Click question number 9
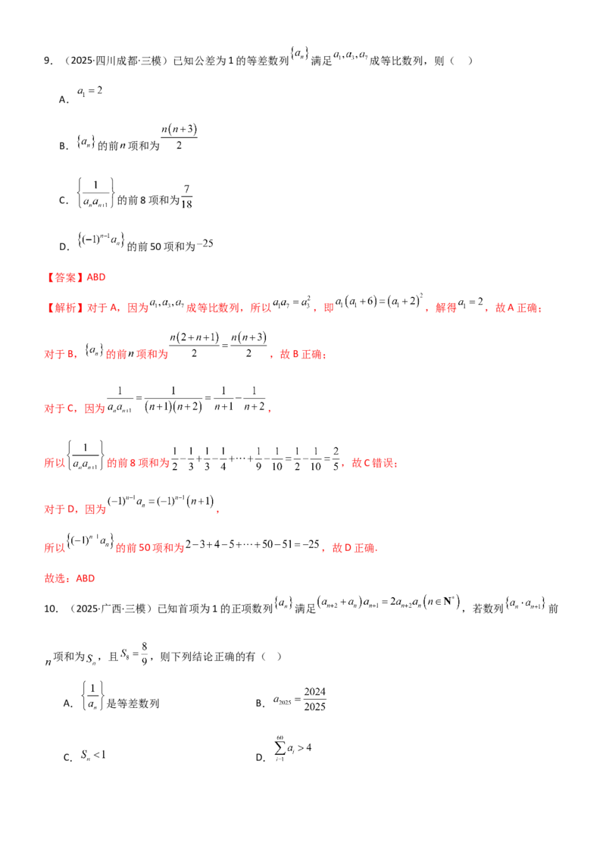[x=48, y=61]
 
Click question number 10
[x=50, y=609]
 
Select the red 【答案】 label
[x=64, y=277]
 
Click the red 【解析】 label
[x=64, y=308]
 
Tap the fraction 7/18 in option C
[x=186, y=196]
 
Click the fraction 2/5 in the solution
[x=336, y=459]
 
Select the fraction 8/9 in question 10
[x=145, y=653]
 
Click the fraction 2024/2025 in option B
[x=314, y=700]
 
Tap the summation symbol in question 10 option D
[x=280, y=748]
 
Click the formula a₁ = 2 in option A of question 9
[x=89, y=91]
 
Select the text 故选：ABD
[x=70, y=578]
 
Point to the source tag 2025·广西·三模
[x=111, y=609]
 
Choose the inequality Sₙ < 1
[x=93, y=755]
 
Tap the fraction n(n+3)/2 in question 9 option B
[x=179, y=136]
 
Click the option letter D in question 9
[x=64, y=247]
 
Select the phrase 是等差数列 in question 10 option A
[x=133, y=703]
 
